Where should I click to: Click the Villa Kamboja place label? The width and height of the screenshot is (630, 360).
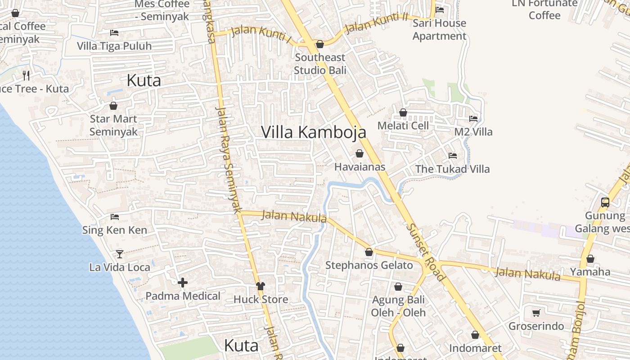(313, 132)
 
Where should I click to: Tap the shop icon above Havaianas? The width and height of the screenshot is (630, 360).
(359, 154)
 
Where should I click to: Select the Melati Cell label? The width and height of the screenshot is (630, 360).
(403, 126)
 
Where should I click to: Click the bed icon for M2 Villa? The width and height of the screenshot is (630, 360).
(473, 119)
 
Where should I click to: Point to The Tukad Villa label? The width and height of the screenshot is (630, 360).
(452, 169)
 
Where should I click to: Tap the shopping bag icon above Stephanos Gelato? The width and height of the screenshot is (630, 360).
(369, 252)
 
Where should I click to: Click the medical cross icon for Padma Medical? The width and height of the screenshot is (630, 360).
(183, 283)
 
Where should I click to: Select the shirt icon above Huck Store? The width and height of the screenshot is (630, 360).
(261, 286)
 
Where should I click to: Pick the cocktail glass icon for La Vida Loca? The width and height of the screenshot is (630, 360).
(119, 254)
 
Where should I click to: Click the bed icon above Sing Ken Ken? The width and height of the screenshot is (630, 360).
(115, 217)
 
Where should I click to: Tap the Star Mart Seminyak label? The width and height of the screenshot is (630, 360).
(113, 126)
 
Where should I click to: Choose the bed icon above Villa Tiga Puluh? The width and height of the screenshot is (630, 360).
(114, 33)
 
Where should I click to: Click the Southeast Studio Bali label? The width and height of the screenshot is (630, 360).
(320, 64)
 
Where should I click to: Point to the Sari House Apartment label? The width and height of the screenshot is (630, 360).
(439, 30)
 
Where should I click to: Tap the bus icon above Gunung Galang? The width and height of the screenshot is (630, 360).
(605, 202)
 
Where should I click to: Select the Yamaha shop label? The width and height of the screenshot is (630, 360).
(590, 272)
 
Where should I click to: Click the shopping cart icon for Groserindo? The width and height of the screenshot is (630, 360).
(536, 313)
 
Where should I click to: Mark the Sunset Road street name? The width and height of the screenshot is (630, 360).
(426, 252)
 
